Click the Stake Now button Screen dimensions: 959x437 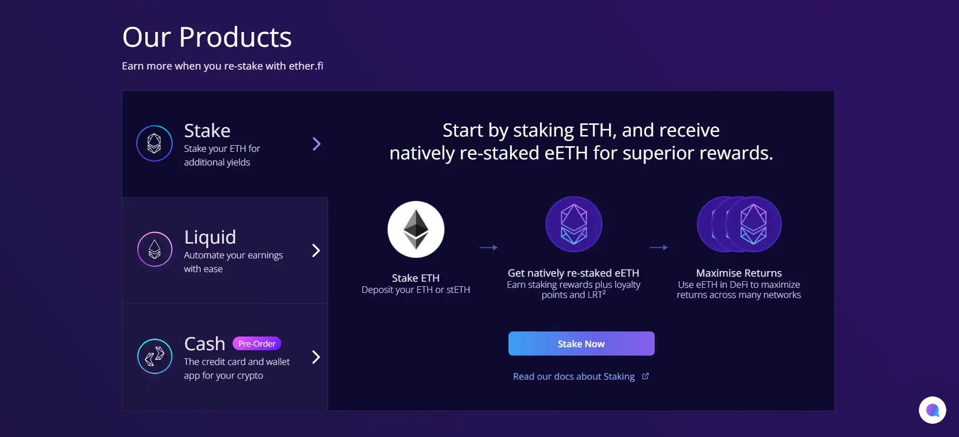click(x=581, y=344)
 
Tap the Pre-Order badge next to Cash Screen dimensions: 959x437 click(x=257, y=344)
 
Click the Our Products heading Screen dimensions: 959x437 click(x=207, y=37)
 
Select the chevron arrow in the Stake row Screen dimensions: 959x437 click(x=316, y=144)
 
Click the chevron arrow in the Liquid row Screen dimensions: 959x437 click(x=316, y=251)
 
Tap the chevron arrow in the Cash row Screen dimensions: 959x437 click(x=316, y=357)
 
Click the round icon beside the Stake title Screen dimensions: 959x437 click(x=154, y=144)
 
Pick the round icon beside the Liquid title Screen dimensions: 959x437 click(x=155, y=249)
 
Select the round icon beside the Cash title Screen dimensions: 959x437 click(x=155, y=356)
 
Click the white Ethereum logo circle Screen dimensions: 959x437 click(x=416, y=229)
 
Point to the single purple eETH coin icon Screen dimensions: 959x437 click(x=574, y=224)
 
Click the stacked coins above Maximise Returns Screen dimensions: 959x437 click(x=739, y=224)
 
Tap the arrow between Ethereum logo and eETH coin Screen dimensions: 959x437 click(x=489, y=248)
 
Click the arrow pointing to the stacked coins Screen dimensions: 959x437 click(x=659, y=248)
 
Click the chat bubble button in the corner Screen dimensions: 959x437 click(x=933, y=410)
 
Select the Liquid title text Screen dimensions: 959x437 click(x=210, y=237)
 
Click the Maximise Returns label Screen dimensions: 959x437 click(x=739, y=273)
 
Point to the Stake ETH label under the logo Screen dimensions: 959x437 click(x=416, y=278)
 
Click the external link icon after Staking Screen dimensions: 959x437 click(x=646, y=376)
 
